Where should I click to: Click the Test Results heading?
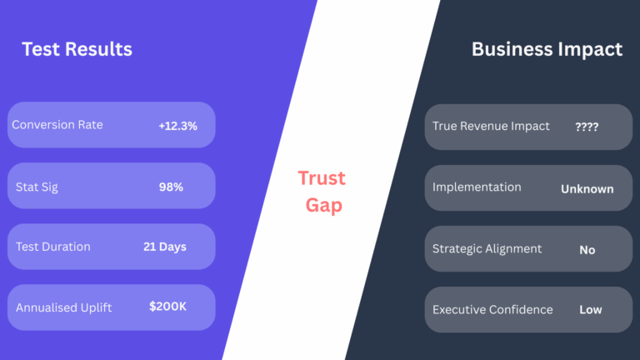click(x=77, y=49)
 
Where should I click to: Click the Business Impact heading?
click(x=547, y=49)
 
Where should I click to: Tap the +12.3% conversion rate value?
click(x=178, y=126)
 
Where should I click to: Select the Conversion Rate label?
click(x=57, y=124)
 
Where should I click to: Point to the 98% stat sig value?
click(x=171, y=187)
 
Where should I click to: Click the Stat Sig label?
click(x=37, y=187)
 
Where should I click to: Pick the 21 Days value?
click(x=165, y=247)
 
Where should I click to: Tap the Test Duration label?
click(x=53, y=247)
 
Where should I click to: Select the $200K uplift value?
click(x=167, y=306)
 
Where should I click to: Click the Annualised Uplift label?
click(x=63, y=307)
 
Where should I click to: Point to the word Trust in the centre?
click(x=322, y=178)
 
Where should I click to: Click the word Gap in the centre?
click(x=324, y=205)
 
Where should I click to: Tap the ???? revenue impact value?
click(x=587, y=127)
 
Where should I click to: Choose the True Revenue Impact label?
click(x=491, y=126)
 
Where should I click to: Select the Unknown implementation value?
click(x=587, y=189)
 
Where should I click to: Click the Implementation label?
click(x=477, y=187)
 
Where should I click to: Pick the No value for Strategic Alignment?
click(x=587, y=250)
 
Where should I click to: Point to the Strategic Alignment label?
click(x=487, y=248)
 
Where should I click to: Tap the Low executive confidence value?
click(x=591, y=310)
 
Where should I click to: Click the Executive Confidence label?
click(x=492, y=310)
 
